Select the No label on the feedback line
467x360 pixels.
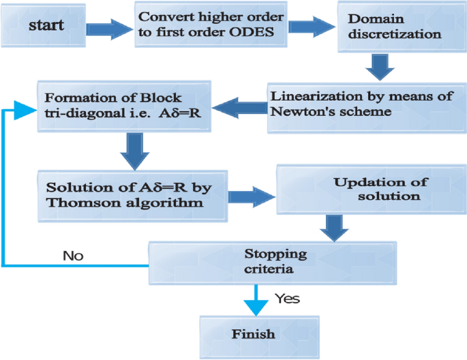pos(73,256)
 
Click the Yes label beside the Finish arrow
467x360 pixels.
pos(286,298)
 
